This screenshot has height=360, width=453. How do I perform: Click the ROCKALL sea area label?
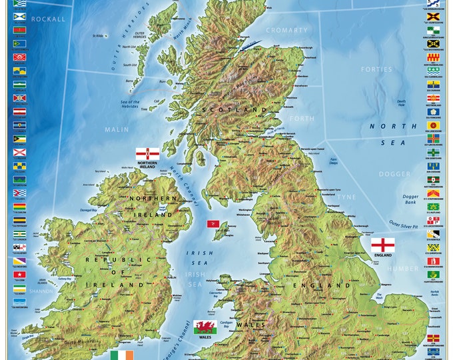tap(49, 19)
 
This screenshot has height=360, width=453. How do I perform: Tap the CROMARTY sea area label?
tap(287, 30)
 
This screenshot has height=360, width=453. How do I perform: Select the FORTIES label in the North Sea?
tap(376, 69)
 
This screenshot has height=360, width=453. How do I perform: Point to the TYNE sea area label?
tap(347, 197)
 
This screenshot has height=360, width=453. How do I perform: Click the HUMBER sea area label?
tap(403, 269)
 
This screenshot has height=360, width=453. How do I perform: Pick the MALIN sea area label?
tap(117, 129)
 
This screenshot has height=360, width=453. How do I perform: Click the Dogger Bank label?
tap(410, 200)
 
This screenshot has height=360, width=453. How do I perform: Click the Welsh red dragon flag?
tap(204, 327)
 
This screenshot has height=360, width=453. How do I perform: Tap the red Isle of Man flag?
tap(213, 223)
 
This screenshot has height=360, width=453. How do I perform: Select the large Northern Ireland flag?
tap(147, 154)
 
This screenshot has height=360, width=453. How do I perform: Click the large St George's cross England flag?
tap(382, 244)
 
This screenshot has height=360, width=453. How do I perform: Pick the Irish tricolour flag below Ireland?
tap(122, 355)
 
